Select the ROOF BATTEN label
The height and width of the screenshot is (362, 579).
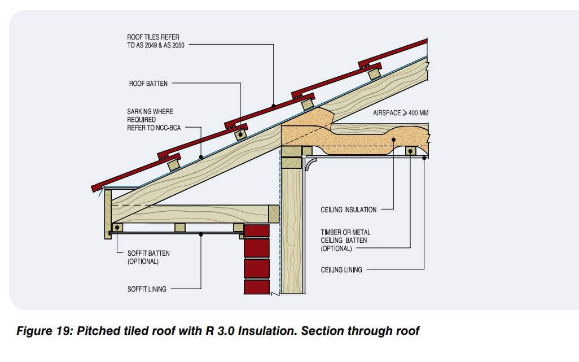(148, 84)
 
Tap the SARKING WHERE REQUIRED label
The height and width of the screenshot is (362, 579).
(150, 120)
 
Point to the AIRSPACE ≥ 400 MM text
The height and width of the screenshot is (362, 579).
(401, 113)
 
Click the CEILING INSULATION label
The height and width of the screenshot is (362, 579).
(348, 210)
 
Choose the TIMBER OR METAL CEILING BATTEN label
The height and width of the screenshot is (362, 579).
(345, 240)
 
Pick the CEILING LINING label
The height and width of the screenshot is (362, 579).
(341, 270)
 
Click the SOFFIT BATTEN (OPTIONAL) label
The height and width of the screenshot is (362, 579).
(148, 257)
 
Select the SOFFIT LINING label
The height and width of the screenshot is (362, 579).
(147, 289)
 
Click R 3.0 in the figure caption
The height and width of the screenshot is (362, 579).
(222, 331)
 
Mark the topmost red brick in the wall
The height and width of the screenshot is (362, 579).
(257, 232)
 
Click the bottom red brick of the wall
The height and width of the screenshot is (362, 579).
(257, 286)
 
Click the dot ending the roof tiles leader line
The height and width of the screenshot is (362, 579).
(273, 106)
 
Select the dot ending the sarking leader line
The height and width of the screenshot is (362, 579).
(201, 158)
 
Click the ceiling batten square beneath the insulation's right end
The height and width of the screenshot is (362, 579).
(410, 151)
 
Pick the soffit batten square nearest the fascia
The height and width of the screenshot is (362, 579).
(117, 227)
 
